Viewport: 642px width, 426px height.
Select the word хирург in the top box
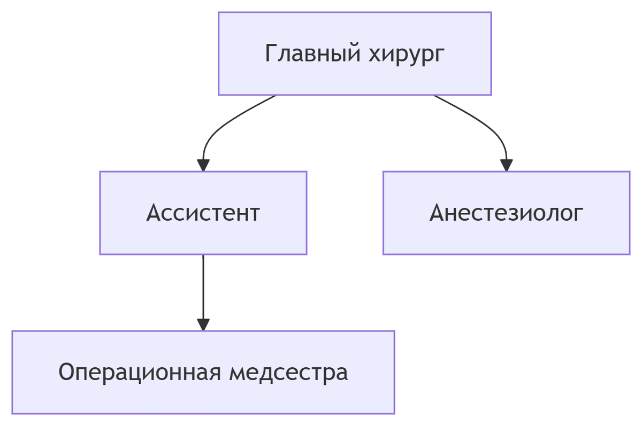point(407,53)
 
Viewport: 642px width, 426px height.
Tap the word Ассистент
point(203,213)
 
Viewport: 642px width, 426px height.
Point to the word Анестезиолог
point(506,213)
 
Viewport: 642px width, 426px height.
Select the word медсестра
point(288,372)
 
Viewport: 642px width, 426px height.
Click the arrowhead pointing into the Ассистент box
point(203,165)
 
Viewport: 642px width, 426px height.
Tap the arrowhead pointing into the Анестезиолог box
point(506,165)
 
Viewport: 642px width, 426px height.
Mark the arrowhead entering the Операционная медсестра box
point(203,324)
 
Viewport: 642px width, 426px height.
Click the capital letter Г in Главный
point(271,53)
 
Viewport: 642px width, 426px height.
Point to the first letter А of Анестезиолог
point(437,213)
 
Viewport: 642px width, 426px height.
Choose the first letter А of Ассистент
point(154,213)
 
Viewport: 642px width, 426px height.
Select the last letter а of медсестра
point(342,373)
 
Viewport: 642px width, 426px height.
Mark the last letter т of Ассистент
point(254,214)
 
